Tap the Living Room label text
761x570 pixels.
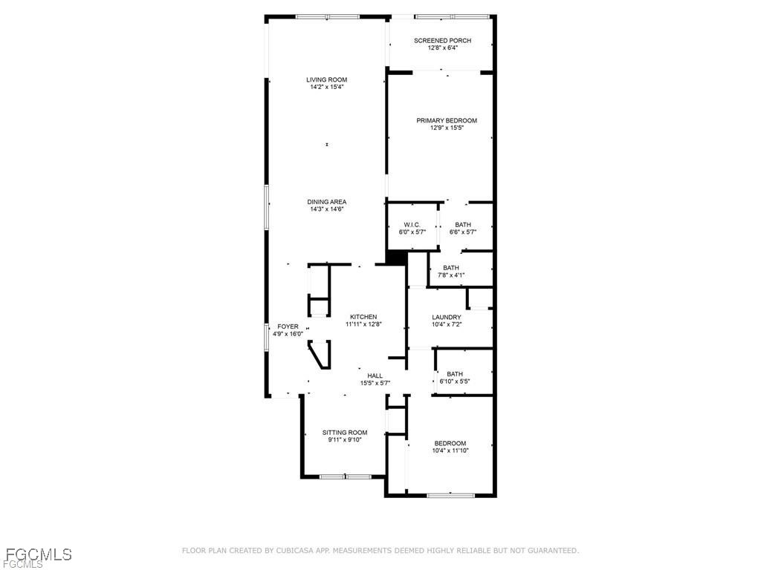tap(327, 79)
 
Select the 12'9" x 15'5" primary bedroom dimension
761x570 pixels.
tap(447, 128)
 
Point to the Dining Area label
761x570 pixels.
tap(327, 202)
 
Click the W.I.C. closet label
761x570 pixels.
tap(412, 224)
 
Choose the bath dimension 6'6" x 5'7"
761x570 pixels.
tap(463, 232)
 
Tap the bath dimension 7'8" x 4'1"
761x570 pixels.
tap(450, 275)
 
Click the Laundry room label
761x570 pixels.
tap(447, 317)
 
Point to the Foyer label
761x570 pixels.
tap(288, 327)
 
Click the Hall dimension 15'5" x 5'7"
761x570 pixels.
tap(375, 383)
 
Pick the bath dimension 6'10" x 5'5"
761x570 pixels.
tap(455, 381)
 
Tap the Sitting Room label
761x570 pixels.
tap(344, 432)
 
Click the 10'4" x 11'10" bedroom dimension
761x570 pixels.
tap(450, 451)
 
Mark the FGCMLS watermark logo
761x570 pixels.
tap(37, 555)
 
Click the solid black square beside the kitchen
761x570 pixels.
tap(396, 257)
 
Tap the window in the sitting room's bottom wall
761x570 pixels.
tap(345, 476)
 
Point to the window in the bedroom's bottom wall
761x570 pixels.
tap(450, 495)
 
